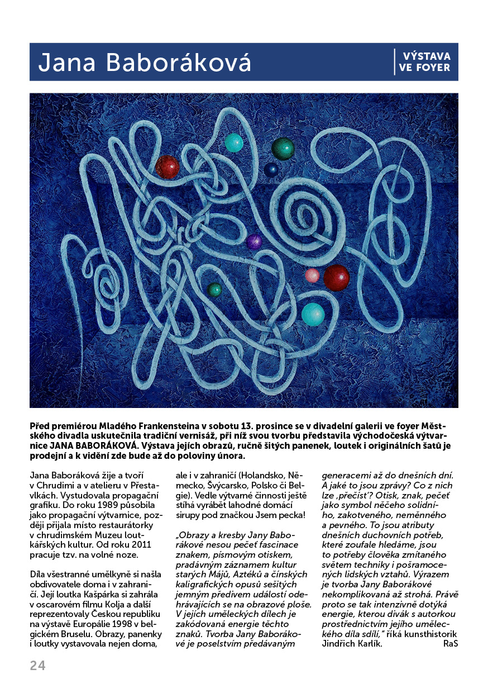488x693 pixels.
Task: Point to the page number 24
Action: [37, 665]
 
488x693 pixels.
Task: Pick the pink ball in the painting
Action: [312, 275]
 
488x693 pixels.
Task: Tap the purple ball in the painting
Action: [254, 242]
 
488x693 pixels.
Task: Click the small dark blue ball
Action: [271, 170]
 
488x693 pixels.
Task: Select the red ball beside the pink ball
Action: [336, 277]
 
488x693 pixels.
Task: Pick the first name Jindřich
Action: [340, 644]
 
